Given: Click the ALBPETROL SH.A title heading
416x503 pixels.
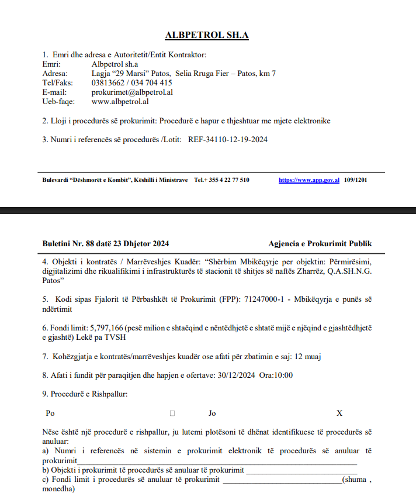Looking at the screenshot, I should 207,35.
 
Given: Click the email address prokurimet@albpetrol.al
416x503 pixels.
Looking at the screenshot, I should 132,92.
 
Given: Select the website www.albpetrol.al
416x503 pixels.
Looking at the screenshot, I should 120,101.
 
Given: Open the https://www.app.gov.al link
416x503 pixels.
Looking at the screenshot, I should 309,180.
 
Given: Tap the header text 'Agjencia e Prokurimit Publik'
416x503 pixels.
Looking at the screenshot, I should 320,244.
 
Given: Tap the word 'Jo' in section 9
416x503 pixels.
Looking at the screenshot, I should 212,414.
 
